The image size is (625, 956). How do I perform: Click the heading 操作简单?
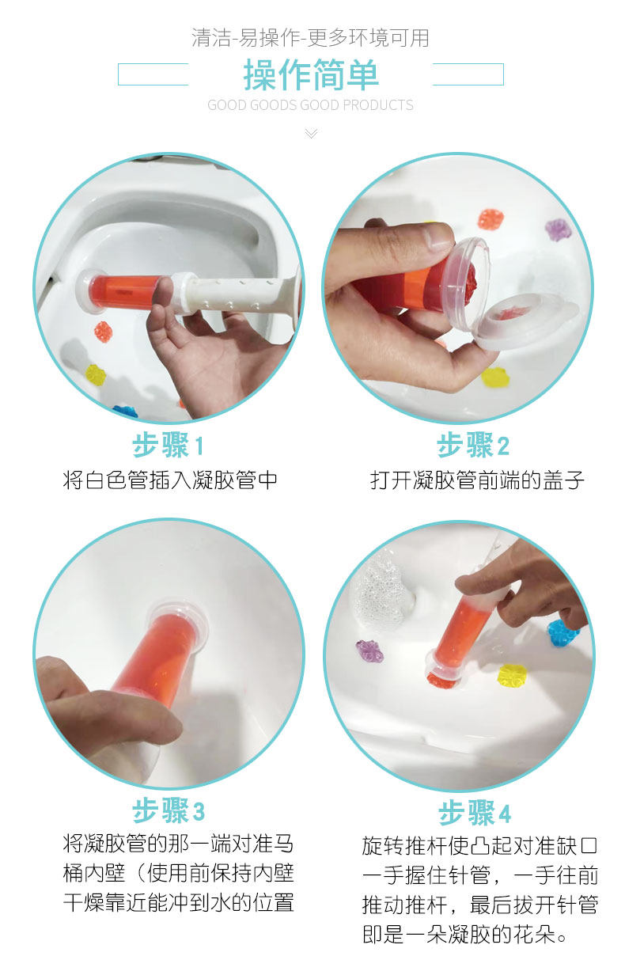311,75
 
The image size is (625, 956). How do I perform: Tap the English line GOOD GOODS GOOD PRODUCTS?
311,105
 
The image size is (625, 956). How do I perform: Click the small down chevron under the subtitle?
311,133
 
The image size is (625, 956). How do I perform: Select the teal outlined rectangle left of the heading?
153,74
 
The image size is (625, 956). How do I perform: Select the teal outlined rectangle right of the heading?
468,74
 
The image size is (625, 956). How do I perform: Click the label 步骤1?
168,446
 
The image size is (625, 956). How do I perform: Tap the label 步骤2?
473,446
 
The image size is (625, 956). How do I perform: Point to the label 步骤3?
168,810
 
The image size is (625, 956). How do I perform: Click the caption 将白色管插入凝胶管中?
170,480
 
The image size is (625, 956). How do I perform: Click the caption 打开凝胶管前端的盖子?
477,480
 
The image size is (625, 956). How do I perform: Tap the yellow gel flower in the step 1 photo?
96,374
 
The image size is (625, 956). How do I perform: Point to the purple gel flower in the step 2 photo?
558,230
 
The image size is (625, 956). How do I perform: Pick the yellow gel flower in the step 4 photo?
512,674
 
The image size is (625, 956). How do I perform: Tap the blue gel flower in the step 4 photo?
562,632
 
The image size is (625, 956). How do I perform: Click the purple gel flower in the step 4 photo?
369,651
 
